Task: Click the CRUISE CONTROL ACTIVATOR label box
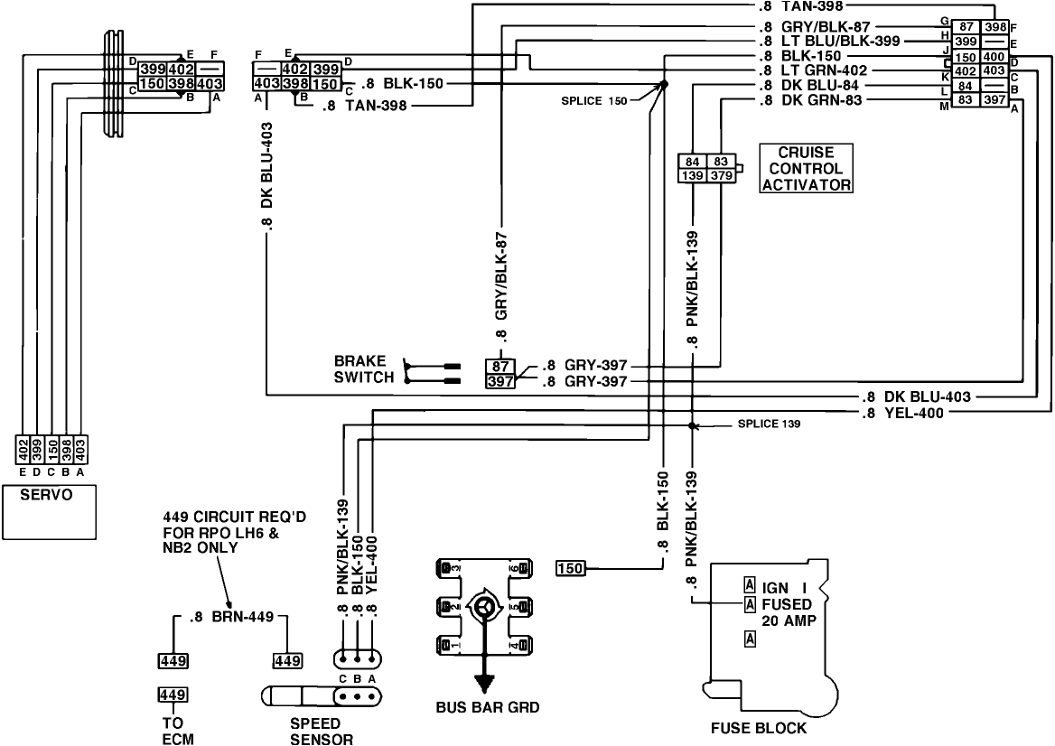807,168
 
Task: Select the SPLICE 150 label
592,100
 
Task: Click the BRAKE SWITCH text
363,369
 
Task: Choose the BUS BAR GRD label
487,707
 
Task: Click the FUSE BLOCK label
758,727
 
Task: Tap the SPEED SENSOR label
315,732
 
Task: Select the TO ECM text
173,732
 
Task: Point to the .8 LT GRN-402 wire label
813,70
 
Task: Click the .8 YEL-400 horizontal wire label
907,413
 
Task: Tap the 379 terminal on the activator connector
721,174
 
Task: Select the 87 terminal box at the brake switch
499,366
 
